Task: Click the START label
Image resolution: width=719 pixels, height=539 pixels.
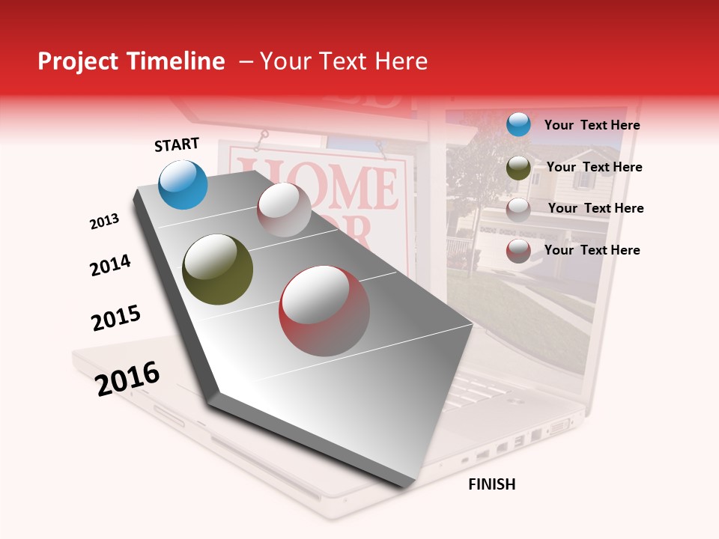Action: [177, 144]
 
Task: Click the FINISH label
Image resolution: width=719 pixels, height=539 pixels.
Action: [491, 484]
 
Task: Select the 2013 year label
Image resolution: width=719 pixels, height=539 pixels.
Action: [105, 222]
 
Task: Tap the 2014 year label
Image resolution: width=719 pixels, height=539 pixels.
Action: [110, 265]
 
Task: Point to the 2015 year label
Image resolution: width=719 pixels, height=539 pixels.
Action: [116, 318]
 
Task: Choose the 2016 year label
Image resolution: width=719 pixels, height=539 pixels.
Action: [127, 378]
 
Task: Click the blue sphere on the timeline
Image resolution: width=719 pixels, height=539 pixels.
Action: [183, 184]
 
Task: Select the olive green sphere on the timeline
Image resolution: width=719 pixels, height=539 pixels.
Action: [217, 269]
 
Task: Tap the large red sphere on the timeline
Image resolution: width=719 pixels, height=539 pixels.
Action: [324, 311]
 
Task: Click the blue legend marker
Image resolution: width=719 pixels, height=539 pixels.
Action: [518, 124]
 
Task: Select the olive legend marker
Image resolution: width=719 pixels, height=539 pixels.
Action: [518, 168]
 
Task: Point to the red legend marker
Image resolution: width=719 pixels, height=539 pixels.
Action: [518, 251]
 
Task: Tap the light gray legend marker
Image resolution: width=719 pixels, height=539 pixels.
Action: [518, 210]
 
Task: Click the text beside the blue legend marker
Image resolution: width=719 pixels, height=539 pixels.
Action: [592, 125]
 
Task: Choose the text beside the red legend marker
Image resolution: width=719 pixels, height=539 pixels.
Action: [592, 250]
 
